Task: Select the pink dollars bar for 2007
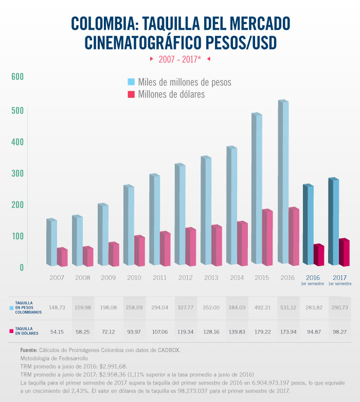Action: tap(62, 257)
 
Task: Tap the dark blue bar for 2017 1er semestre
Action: tap(333, 221)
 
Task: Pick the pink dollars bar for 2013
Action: tap(217, 246)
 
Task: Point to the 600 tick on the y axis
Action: tap(17, 77)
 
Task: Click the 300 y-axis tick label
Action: tap(17, 172)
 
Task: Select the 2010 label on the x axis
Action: tap(134, 278)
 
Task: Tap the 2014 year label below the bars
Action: tap(237, 278)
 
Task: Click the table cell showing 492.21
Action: tap(262, 307)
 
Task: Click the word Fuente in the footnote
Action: tap(29, 350)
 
